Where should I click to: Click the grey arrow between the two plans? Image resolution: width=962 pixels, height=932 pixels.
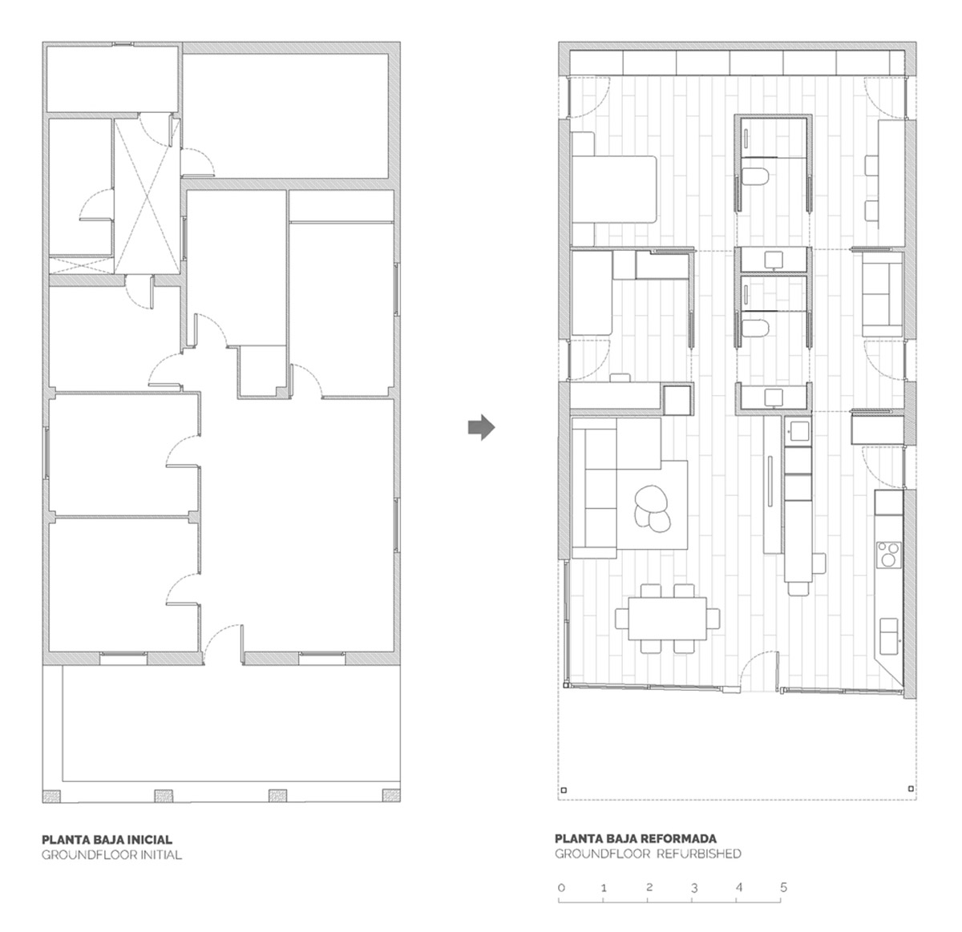481,427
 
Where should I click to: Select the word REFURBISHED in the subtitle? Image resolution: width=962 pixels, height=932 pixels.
699,853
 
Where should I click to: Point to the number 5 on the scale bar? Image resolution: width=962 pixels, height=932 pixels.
783,887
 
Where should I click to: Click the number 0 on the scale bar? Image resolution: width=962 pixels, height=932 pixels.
561,888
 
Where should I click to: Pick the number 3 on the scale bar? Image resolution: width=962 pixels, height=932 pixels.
694,888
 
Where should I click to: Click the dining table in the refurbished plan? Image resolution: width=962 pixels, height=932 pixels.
667,618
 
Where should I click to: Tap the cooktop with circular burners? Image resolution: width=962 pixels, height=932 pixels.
889,555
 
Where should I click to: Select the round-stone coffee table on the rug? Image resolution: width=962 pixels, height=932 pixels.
653,510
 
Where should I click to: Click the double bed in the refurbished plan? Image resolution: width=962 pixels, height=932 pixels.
614,189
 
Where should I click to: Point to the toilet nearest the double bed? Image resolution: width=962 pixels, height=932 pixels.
754,176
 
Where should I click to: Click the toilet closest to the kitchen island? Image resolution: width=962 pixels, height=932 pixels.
754,328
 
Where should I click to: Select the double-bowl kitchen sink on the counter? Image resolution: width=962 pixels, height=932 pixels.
889,636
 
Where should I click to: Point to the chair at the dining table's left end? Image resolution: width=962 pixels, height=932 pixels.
622,618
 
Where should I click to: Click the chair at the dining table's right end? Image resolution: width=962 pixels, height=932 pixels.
713,618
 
